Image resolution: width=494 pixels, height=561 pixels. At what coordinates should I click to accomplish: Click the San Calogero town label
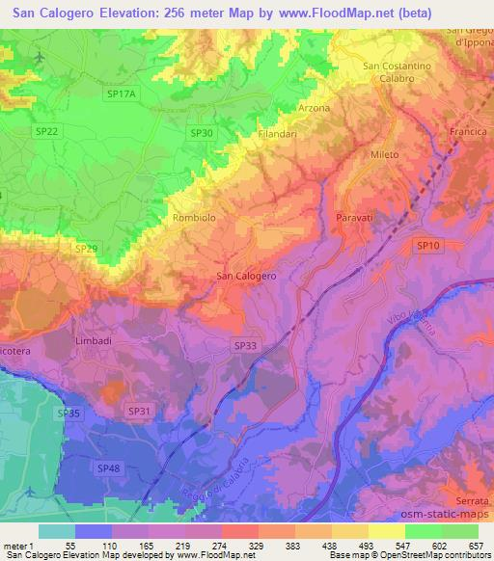(247, 276)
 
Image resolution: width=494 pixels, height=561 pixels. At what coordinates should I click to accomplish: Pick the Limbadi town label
(95, 341)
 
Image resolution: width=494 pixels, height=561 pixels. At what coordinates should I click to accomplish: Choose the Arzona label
(316, 107)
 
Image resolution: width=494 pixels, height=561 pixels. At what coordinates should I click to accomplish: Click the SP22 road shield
(45, 131)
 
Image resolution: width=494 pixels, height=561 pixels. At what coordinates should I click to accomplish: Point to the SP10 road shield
(428, 247)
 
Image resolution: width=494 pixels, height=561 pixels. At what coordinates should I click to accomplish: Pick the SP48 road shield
(108, 467)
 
